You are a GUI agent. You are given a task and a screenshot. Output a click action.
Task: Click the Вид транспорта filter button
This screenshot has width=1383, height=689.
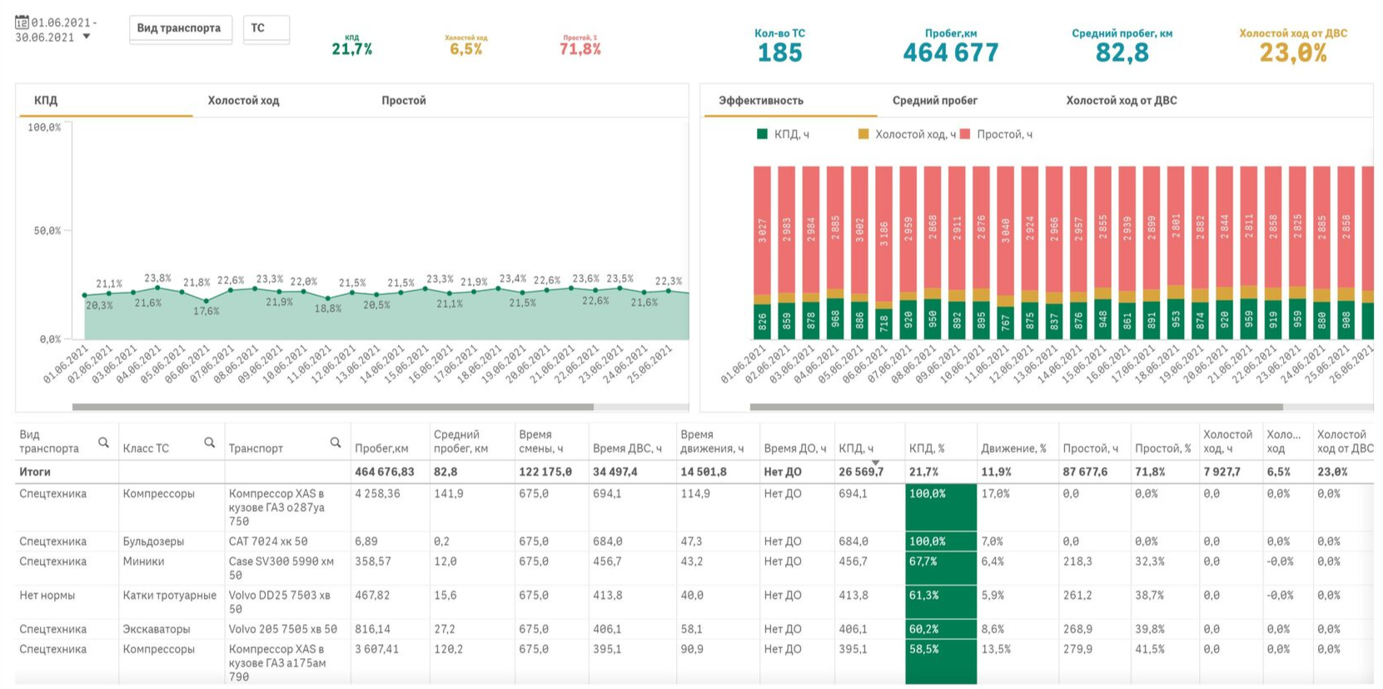point(180,28)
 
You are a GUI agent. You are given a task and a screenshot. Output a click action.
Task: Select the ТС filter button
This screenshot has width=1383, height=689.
point(266,28)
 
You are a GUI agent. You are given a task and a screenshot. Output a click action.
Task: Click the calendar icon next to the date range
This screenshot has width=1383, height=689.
point(22,22)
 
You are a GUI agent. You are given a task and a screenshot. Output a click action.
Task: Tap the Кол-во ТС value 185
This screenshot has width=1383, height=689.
point(779,52)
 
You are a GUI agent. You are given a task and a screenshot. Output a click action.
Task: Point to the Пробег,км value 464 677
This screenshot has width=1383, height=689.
point(950,52)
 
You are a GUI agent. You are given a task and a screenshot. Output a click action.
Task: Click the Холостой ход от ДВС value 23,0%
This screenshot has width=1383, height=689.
point(1292,52)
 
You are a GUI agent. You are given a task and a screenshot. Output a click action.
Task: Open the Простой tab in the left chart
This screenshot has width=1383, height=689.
point(403,101)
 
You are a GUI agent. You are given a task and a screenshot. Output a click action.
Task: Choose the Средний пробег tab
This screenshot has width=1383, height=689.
point(934,101)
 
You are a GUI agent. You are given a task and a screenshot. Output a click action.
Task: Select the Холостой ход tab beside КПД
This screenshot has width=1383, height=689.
point(243,101)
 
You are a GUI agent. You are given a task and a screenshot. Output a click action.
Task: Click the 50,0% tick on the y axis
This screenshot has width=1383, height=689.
point(47,231)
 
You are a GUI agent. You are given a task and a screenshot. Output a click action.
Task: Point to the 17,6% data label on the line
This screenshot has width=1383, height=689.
point(206,312)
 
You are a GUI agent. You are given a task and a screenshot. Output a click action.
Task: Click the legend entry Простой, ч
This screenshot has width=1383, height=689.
point(1004,134)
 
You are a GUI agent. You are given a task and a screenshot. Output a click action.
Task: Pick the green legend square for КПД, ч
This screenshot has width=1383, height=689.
point(762,134)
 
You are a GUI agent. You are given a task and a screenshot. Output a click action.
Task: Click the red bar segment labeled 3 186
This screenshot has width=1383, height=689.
point(884,229)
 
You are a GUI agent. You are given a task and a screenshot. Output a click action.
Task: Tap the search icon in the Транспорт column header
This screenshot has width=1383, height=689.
point(335,442)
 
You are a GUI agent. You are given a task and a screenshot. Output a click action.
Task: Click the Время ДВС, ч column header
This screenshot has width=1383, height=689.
point(627,448)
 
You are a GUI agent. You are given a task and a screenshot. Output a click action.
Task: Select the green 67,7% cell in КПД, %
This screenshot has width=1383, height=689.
point(940,562)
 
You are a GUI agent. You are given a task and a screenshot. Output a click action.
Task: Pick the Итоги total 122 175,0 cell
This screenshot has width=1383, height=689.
point(545,472)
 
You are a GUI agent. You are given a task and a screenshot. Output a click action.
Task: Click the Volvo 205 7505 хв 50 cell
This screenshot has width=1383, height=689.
point(282,629)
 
